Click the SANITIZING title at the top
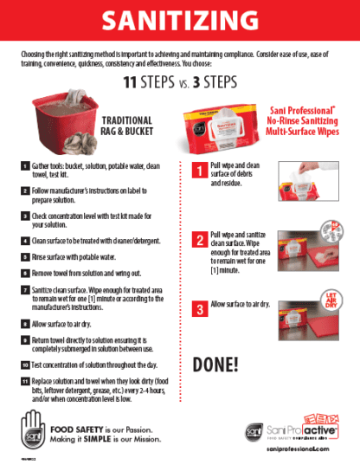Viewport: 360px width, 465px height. click(x=179, y=20)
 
